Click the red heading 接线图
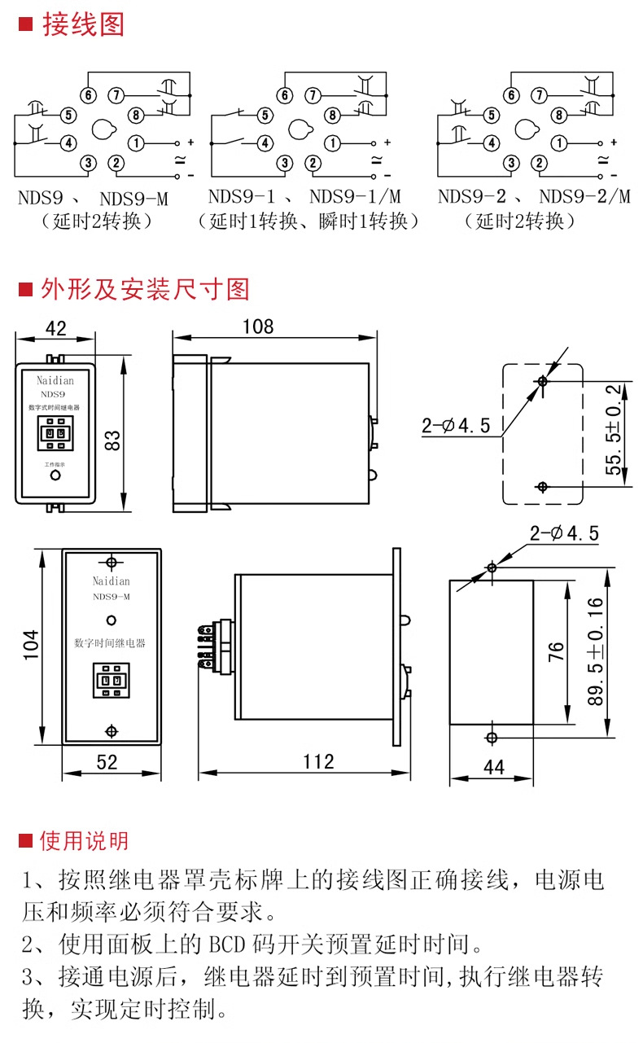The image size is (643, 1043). [83, 25]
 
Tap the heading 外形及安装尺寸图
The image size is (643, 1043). [145, 289]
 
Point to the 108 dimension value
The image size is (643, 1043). [258, 326]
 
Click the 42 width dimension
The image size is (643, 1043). [55, 328]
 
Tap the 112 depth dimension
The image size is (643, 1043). [317, 762]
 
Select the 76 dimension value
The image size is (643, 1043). [556, 651]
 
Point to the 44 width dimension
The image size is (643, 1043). [494, 766]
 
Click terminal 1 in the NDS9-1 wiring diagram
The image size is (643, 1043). [335, 143]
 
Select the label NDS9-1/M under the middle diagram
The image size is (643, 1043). [356, 196]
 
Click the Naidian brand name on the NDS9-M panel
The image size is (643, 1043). [111, 581]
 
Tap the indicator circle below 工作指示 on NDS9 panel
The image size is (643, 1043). [55, 476]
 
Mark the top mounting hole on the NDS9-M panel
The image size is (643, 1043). [111, 562]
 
